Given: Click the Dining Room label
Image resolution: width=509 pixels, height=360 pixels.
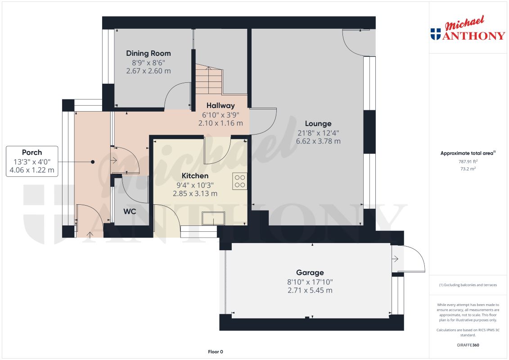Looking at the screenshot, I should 148,53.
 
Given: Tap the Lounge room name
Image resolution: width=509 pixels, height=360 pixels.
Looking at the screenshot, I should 318,123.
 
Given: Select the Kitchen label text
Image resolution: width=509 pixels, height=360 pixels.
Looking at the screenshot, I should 195,175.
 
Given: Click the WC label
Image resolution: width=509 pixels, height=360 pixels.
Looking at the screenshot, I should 130,211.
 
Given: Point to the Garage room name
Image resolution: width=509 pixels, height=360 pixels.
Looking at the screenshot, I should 310,272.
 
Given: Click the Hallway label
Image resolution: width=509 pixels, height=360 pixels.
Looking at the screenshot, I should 221,105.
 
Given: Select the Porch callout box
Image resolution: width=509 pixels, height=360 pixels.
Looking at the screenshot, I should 32,161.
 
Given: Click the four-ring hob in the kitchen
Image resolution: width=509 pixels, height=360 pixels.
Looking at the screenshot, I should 239,180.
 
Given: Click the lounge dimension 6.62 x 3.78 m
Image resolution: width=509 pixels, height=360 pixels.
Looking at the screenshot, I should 318,141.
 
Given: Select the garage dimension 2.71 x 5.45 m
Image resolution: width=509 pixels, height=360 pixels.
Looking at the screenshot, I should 310,290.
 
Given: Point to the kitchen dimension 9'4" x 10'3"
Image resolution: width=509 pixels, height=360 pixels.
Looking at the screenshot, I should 195,184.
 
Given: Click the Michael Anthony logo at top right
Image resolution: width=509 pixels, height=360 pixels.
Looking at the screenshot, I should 468,30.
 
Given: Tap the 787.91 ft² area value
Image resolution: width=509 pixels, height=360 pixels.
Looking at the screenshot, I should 468,161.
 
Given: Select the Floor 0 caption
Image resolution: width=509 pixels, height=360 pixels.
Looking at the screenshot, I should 216,351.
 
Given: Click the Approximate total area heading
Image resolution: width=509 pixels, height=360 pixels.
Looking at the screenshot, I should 468,153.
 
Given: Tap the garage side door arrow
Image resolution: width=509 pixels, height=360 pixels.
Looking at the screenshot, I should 395,259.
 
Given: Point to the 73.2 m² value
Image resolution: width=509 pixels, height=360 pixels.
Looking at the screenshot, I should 468,169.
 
